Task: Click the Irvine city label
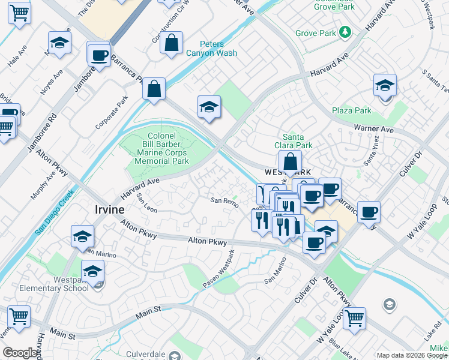tap(110, 209)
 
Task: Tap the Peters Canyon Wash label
tap(211, 49)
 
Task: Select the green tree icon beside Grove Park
tap(345, 31)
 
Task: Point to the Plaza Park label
tap(352, 111)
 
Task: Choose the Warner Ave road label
tap(373, 129)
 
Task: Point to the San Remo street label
tap(224, 202)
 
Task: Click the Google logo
tap(20, 353)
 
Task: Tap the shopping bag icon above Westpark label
tap(290, 163)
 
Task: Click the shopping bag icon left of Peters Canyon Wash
tap(172, 44)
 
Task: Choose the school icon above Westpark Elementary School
tap(93, 272)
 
